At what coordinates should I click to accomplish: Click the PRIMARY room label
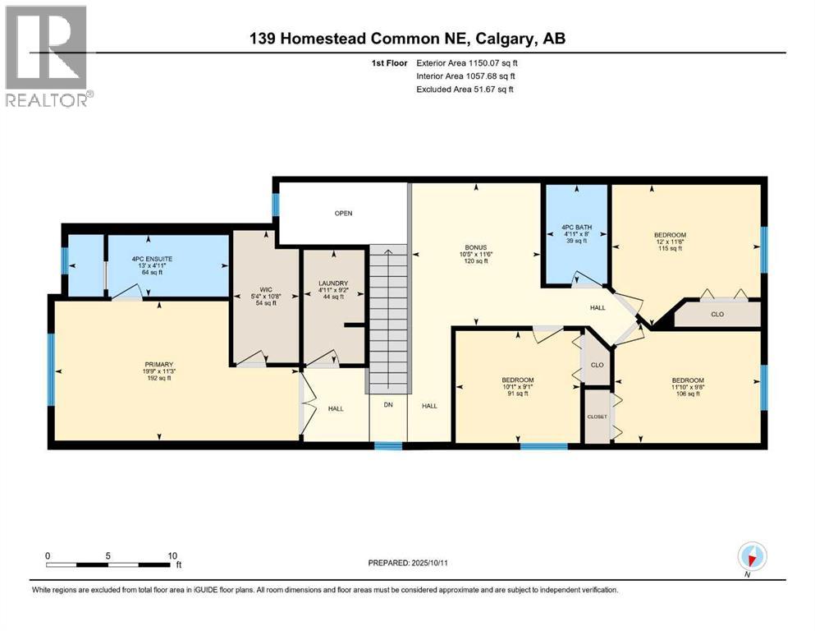158,365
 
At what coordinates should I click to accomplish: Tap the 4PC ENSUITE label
152,259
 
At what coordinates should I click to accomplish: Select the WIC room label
266,290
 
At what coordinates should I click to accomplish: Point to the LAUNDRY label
333,283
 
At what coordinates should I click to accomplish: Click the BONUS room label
475,247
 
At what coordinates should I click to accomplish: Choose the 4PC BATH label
576,228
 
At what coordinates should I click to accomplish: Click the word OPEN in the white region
344,214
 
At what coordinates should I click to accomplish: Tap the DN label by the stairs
388,405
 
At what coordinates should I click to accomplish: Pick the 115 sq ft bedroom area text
670,248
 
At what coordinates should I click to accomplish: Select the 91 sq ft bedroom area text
518,394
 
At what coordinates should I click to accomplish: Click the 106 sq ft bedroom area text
688,394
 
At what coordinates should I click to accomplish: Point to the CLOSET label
598,417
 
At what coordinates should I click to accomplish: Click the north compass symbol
752,557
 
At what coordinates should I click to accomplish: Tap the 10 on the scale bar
172,555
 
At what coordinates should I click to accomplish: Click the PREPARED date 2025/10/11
429,563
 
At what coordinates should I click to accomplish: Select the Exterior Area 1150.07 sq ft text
467,63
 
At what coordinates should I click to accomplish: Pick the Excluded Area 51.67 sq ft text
465,89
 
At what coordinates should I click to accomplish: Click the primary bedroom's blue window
51,370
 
